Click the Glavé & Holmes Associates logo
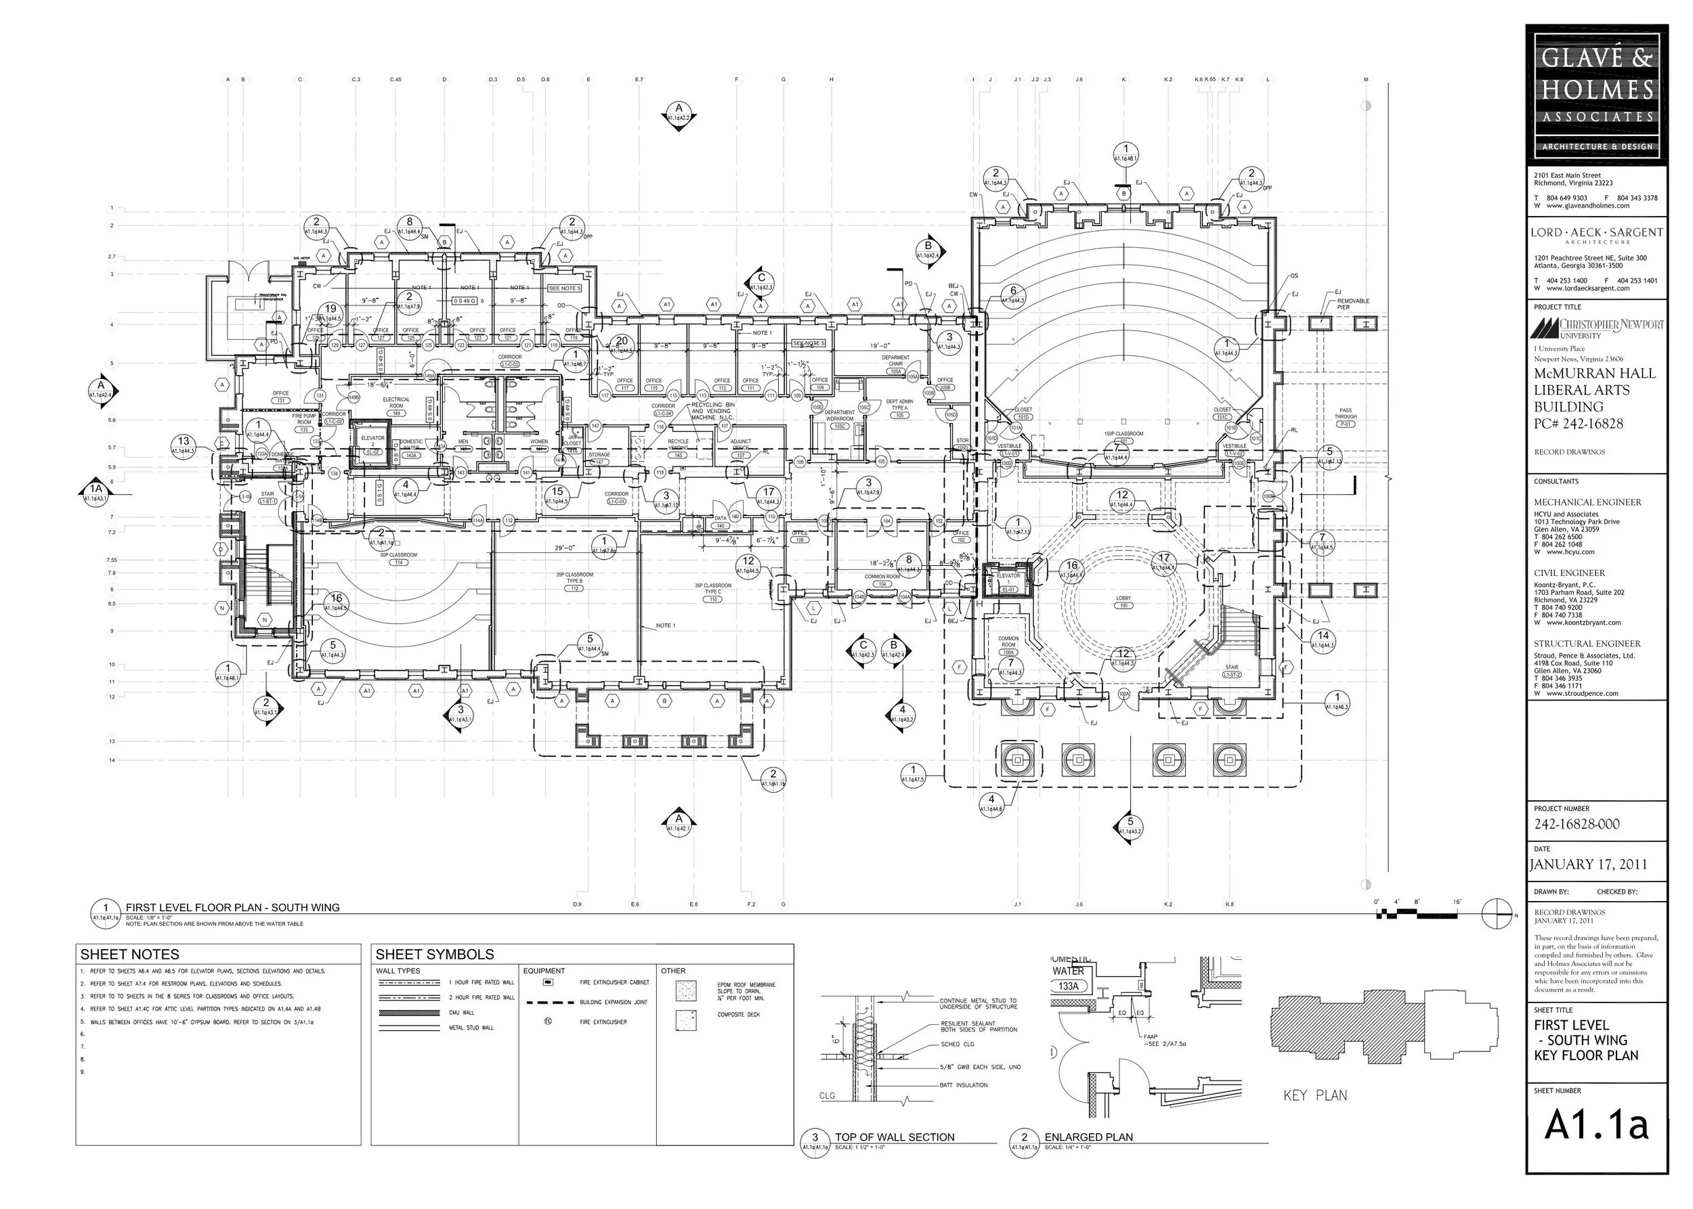click(x=1596, y=91)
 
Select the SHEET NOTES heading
click(x=129, y=954)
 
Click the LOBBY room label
click(x=1123, y=598)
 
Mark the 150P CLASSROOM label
click(x=1123, y=433)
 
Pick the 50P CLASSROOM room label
click(x=398, y=555)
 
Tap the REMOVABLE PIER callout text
click(x=1352, y=304)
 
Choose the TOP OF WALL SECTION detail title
click(x=894, y=1137)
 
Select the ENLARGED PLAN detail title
click(x=1088, y=1137)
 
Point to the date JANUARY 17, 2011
click(x=1588, y=864)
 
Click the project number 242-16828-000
click(x=1576, y=824)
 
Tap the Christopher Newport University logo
click(x=1596, y=327)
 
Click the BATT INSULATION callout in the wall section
click(x=963, y=1085)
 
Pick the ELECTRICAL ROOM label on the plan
click(x=396, y=403)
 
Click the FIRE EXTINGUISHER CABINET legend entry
click(x=614, y=983)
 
